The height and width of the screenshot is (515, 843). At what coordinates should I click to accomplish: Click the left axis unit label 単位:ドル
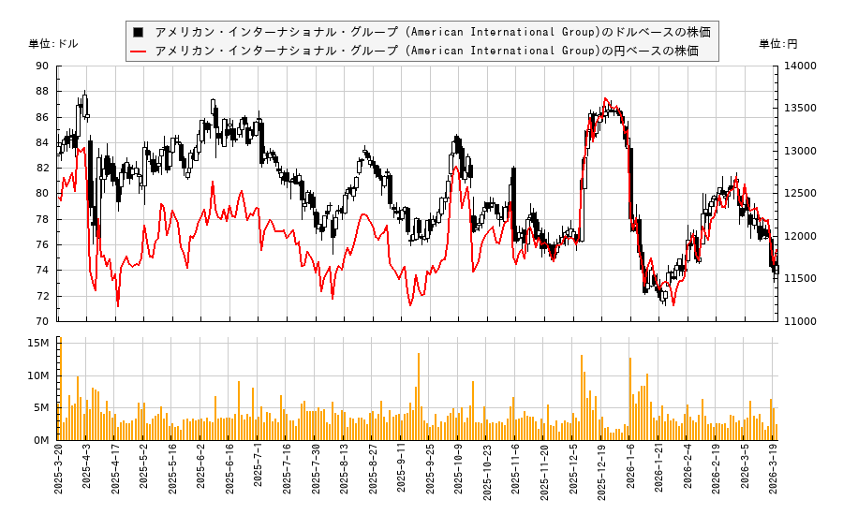pos(53,44)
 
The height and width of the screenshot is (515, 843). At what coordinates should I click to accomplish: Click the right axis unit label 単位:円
pos(778,44)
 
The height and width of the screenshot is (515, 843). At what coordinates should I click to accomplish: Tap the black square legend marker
pos(139,32)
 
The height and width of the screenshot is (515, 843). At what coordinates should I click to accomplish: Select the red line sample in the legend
pos(139,51)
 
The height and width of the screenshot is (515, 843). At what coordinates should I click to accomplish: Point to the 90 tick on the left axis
pos(42,66)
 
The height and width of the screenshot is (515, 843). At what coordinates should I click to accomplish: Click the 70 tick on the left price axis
pos(42,321)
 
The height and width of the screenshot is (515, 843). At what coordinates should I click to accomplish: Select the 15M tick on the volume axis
pos(38,344)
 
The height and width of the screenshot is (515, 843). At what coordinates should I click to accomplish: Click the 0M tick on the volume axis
pos(41,440)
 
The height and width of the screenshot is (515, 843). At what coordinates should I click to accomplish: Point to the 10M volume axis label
pos(38,376)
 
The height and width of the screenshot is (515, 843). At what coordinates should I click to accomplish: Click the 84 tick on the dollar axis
pos(42,142)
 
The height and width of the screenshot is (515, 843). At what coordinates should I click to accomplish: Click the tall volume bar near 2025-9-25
pos(419,396)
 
